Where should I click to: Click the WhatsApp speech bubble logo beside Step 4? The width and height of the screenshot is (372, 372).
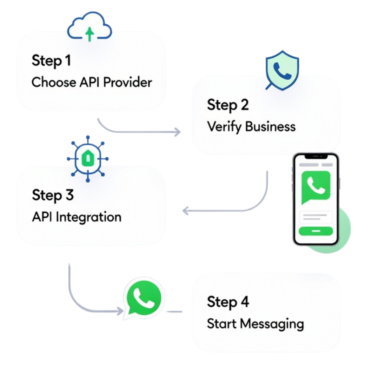pos(142,299)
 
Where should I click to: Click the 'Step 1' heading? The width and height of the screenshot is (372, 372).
pos(51,61)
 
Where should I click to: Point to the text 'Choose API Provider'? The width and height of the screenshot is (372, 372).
pos(92,82)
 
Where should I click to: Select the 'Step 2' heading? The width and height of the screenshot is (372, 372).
pos(228,105)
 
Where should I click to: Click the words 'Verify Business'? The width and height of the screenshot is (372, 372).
pos(251,127)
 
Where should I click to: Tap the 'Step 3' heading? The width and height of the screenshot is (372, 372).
pos(53,195)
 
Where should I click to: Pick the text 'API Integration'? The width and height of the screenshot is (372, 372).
pos(77,217)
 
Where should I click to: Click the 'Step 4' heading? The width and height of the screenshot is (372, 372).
pos(228,302)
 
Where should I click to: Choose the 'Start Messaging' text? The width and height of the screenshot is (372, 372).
pos(255,324)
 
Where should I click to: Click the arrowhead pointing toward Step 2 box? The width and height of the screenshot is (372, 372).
pos(177,132)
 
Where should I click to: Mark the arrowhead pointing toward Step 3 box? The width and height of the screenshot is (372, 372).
pos(185,210)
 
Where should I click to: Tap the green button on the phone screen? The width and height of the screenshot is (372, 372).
pos(316,231)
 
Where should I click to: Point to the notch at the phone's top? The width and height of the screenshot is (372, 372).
pos(316,157)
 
